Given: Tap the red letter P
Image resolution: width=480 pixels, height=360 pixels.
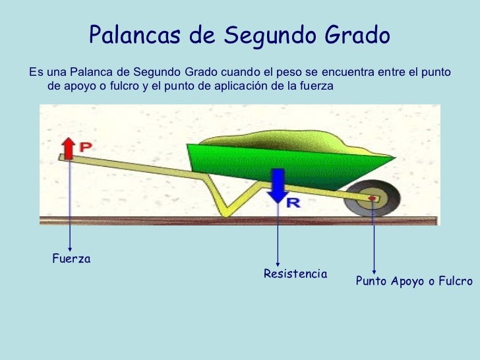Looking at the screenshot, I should [86, 148].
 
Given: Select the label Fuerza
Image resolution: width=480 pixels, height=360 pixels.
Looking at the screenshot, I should [71, 259].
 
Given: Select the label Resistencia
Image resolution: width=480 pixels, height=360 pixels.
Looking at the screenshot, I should [295, 274].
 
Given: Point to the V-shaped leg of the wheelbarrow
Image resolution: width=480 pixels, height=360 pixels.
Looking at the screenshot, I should [227, 201].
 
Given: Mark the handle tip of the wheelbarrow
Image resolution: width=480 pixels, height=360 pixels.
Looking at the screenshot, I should [63, 157].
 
